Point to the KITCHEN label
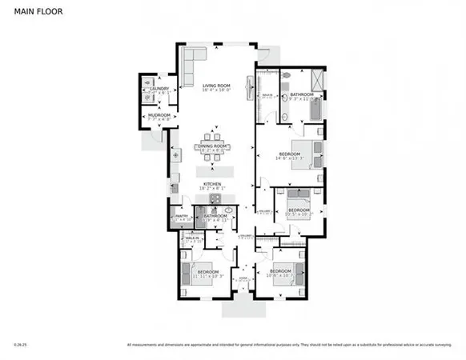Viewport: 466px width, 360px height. point(212,184)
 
